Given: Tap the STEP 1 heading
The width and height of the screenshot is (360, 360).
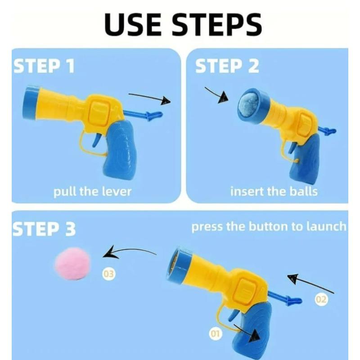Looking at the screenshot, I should point(44,66).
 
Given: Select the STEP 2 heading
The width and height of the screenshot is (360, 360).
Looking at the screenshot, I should point(227,66).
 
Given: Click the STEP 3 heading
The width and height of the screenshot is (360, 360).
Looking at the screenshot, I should point(44,229).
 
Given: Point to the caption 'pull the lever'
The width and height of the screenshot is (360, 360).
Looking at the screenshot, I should point(92,191).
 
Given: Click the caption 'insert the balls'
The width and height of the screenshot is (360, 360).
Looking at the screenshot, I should point(274,191).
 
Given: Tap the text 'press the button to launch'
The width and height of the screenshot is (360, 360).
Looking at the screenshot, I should point(269,226).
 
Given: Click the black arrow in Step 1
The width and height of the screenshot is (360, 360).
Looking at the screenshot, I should point(150,98).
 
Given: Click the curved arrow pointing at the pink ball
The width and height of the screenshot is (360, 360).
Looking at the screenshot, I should point(128,252).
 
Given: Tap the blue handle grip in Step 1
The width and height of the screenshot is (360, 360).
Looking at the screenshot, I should point(119,151).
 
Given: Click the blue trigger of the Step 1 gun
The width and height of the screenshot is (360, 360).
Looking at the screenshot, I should point(96,140).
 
